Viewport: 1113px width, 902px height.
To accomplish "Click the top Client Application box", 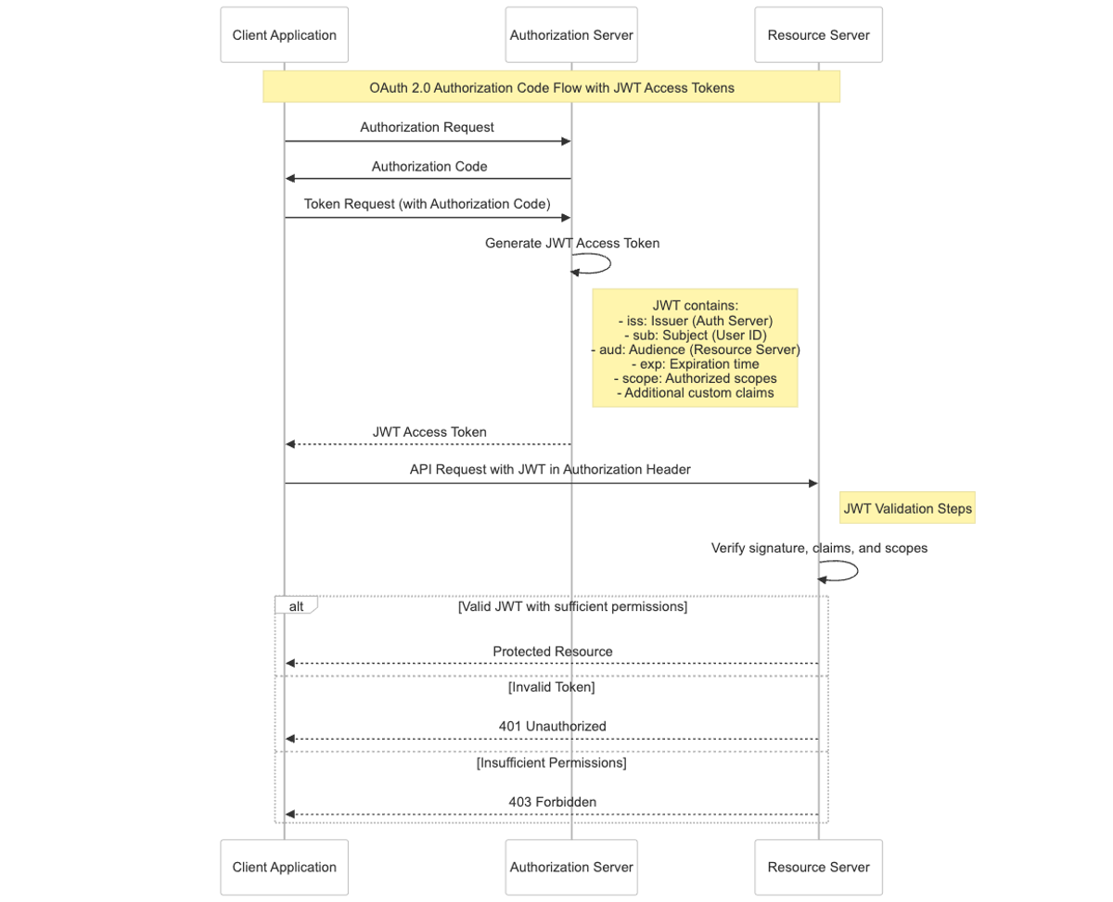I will click(284, 35).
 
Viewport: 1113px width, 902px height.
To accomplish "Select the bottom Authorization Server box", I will click(570, 867).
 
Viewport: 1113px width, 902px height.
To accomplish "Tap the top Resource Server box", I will click(818, 35).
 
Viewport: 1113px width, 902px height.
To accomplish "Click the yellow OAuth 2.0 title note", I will click(551, 87).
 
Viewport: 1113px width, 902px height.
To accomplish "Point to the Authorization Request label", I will click(427, 127).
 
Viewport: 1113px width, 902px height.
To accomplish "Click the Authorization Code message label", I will click(429, 167).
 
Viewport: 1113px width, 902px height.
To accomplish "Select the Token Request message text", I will click(427, 204).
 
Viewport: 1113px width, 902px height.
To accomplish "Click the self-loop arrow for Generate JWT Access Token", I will click(597, 264).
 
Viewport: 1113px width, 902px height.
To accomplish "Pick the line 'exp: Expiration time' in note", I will click(694, 364).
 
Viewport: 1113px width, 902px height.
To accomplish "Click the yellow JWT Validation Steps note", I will click(907, 508).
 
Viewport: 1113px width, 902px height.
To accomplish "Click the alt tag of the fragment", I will click(296, 605).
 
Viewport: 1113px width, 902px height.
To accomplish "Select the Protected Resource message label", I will click(552, 652).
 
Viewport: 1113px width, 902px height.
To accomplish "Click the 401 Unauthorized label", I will click(552, 727).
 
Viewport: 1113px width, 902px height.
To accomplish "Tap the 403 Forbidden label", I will click(552, 802).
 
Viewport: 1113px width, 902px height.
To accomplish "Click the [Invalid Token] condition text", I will click(551, 688).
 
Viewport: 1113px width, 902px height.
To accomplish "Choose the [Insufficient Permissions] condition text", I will click(551, 763).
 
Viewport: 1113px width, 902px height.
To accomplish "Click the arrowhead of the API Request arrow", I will click(812, 483).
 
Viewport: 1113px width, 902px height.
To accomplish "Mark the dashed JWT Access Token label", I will click(429, 432).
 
